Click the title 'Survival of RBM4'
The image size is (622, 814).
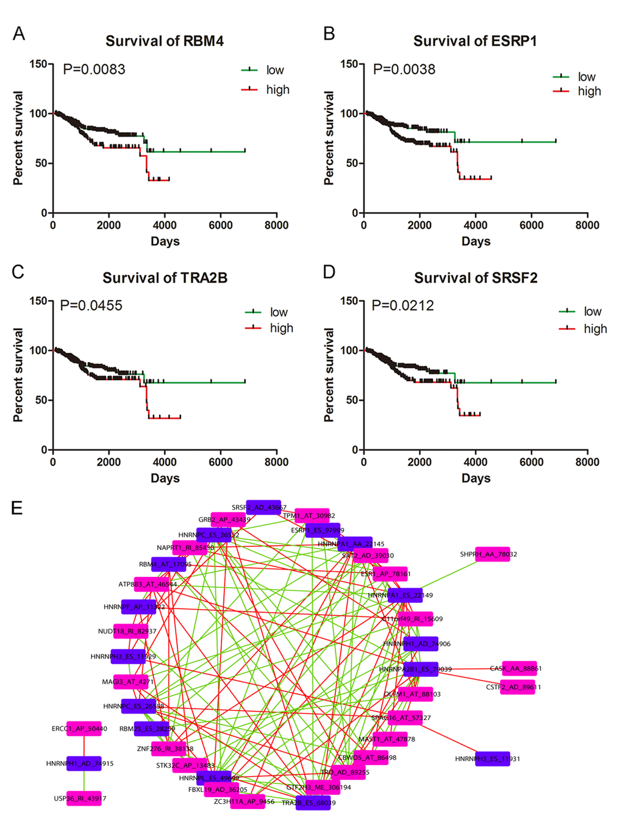[165, 41]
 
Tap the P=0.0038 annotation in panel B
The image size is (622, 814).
[404, 69]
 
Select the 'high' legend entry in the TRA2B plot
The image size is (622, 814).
[281, 328]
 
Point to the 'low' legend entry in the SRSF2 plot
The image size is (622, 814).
[592, 312]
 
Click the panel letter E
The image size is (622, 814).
[17, 507]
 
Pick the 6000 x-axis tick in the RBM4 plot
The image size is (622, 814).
[220, 225]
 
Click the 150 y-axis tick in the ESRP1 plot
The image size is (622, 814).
[349, 64]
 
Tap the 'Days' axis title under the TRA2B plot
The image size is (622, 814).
[165, 478]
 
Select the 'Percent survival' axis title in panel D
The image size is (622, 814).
[329, 375]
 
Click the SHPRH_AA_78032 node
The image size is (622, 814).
[492, 554]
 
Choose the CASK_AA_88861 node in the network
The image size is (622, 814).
[519, 668]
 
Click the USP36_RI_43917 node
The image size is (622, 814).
[84, 798]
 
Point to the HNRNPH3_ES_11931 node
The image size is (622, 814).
[492, 759]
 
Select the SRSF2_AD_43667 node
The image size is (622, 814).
[263, 507]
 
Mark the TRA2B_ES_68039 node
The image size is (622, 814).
[313, 803]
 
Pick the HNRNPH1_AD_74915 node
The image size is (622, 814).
[84, 763]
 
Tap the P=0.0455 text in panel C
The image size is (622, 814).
[91, 305]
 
